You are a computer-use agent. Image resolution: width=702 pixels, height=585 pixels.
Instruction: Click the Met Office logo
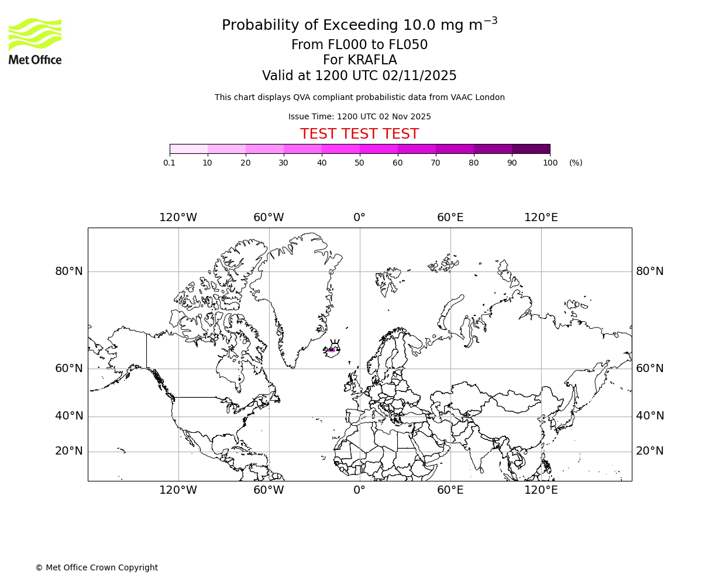pos(35,41)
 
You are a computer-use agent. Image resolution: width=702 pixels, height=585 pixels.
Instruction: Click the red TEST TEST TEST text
pos(359,134)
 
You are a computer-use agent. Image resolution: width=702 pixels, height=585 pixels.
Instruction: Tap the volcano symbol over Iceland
pos(335,345)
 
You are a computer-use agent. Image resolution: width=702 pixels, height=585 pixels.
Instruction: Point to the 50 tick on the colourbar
pos(360,154)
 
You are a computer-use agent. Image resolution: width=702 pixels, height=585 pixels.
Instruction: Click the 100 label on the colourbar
pos(550,163)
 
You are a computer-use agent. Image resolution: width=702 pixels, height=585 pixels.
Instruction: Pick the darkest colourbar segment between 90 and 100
pos(531,149)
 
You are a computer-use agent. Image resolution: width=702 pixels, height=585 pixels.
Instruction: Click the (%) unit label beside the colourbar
pos(576,163)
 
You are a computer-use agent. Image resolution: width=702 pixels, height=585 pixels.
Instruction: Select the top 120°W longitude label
pos(178,218)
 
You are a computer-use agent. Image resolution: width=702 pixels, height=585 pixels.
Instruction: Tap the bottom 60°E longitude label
pos(450,490)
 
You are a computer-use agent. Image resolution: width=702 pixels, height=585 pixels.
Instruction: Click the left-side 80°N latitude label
pos(69,271)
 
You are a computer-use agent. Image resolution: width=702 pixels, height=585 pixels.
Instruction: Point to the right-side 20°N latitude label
pos(649,451)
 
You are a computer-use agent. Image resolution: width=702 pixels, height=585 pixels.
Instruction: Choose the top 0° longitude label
pos(359,218)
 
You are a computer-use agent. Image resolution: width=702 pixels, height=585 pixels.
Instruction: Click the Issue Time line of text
pos(359,116)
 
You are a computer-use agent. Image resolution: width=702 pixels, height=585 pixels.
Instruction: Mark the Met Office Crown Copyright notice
pos(97,567)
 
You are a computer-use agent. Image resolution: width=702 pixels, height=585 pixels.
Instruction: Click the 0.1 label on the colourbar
pos(169,163)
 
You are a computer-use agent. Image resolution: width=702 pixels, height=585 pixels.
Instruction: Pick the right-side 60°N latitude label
pos(649,369)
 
